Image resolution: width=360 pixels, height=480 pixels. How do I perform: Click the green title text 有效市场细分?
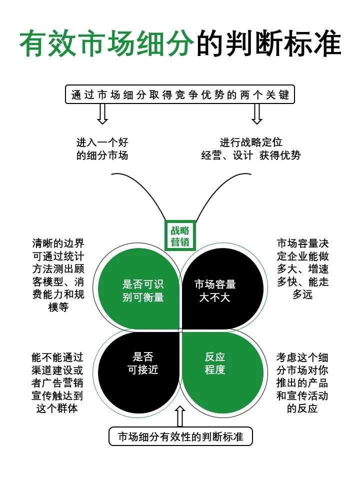pos(106,44)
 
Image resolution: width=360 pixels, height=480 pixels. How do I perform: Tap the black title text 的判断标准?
pos(269,44)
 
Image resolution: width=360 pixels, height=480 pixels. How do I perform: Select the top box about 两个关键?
pos(180,95)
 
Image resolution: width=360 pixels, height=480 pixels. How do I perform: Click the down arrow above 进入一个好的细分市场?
pos(102,114)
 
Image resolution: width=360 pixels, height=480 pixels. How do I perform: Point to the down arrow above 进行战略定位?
pos(257,114)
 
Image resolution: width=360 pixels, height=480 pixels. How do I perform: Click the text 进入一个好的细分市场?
pos(102,148)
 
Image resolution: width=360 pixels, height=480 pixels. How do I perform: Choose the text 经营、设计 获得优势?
pos(251,155)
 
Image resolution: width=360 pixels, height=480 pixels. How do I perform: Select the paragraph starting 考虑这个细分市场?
pos(302,382)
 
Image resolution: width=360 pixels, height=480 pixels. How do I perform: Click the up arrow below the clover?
pos(180,415)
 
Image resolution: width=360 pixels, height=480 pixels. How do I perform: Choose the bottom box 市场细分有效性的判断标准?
pos(180,436)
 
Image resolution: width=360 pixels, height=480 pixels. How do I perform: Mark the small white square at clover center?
pos(180,329)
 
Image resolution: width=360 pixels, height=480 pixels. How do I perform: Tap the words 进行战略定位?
pos(251,142)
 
